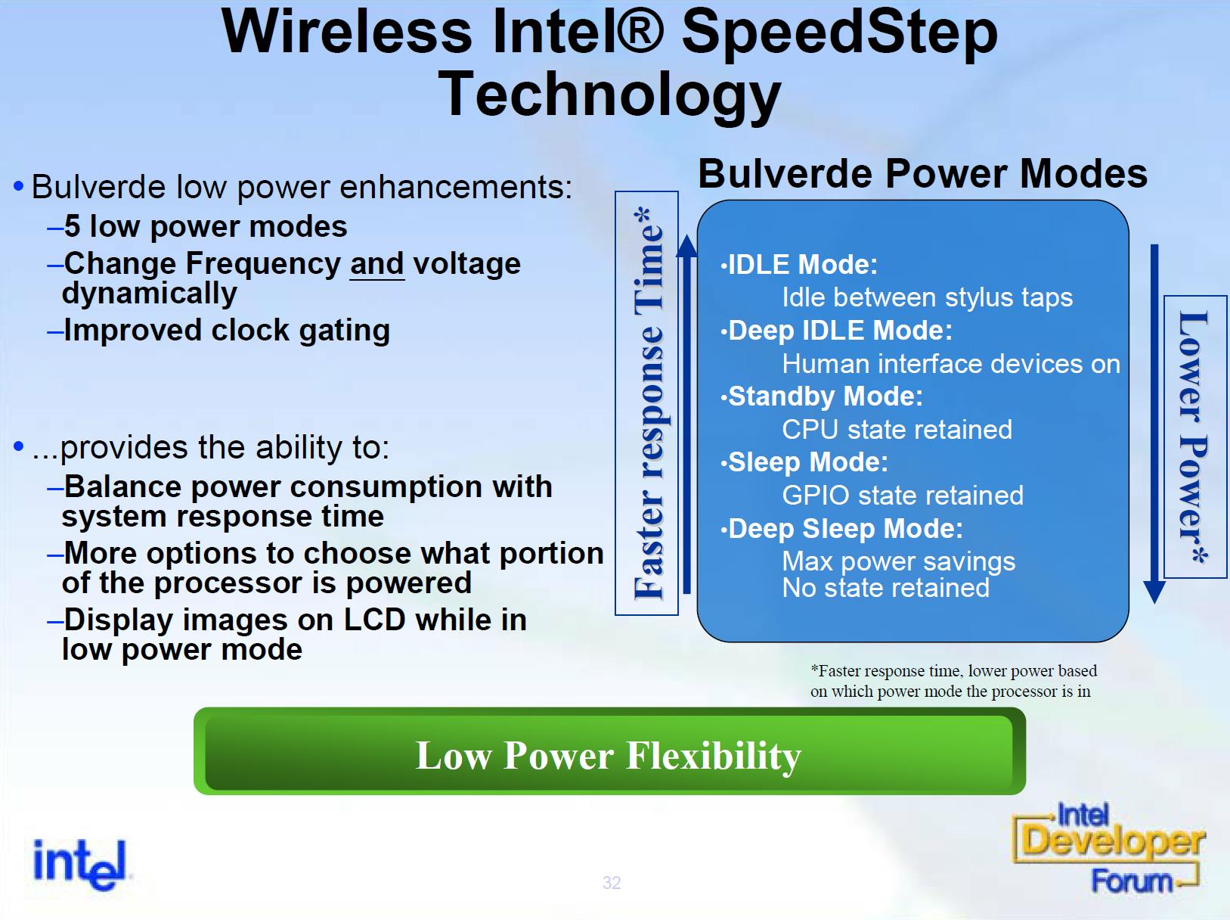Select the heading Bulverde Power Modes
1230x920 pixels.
923,173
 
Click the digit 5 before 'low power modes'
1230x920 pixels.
72,226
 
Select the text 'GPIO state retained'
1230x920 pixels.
903,496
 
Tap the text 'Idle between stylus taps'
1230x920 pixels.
928,297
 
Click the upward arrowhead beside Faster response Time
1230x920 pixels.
687,246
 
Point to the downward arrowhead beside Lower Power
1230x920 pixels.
1154,592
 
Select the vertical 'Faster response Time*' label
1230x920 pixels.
649,403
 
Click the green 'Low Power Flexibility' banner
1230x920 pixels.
609,751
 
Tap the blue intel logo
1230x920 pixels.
80,864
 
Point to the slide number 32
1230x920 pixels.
612,883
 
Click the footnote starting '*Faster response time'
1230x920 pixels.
953,681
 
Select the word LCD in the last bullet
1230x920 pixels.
374,620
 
